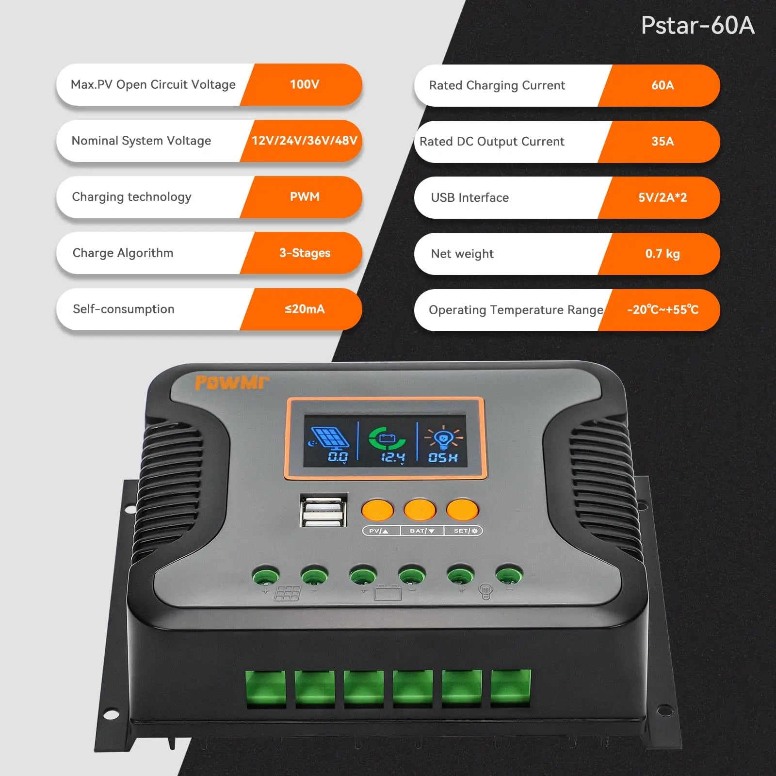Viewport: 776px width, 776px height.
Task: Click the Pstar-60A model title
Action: point(697,25)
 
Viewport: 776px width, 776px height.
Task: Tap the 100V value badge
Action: point(304,84)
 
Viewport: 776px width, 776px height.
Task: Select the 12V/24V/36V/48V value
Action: point(304,141)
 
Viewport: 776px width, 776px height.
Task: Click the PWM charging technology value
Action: point(304,196)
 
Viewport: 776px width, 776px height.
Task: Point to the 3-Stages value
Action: point(304,253)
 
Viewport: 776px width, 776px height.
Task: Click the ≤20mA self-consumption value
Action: point(304,309)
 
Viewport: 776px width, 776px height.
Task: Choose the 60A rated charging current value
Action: point(662,85)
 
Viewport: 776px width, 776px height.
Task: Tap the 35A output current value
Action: point(662,142)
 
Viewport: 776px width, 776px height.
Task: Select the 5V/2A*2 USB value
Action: point(662,197)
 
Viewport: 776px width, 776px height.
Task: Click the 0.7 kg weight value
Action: point(662,254)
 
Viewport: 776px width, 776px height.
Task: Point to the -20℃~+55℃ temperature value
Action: point(662,310)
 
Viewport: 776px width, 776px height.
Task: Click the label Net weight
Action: point(462,254)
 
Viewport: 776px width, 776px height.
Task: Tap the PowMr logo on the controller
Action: point(231,383)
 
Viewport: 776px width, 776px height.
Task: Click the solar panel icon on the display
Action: point(329,437)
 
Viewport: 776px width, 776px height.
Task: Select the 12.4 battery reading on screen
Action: point(392,457)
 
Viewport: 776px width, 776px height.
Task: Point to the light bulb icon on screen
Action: point(443,438)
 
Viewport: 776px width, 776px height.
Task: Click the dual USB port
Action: point(323,511)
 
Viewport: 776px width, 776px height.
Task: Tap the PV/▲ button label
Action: point(379,531)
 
